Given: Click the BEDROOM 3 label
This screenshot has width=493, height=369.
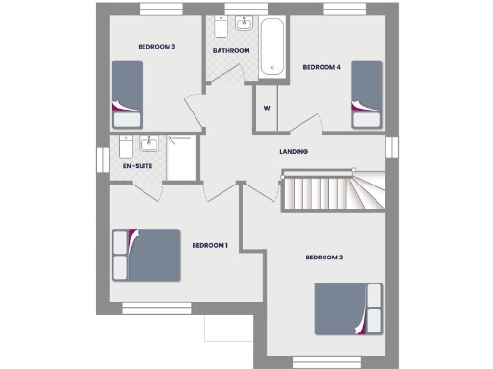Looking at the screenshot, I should (156, 47).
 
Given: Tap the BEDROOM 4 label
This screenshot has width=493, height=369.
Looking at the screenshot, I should (322, 67).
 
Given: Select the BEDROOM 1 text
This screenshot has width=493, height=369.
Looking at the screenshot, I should (210, 245).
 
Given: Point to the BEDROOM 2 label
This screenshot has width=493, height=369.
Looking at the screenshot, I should (324, 258).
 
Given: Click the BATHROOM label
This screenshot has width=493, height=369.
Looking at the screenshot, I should (231, 51).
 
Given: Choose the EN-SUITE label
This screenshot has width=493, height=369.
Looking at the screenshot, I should (138, 166).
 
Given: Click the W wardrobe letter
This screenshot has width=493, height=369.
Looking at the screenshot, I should (265, 108).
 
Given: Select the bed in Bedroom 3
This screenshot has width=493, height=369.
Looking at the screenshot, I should (126, 93).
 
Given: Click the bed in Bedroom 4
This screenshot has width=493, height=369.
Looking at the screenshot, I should (367, 92).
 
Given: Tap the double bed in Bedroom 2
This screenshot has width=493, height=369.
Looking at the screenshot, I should (348, 309).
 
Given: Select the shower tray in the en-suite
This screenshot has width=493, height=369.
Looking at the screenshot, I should (181, 158).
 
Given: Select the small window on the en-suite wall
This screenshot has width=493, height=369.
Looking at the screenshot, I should (101, 160).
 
